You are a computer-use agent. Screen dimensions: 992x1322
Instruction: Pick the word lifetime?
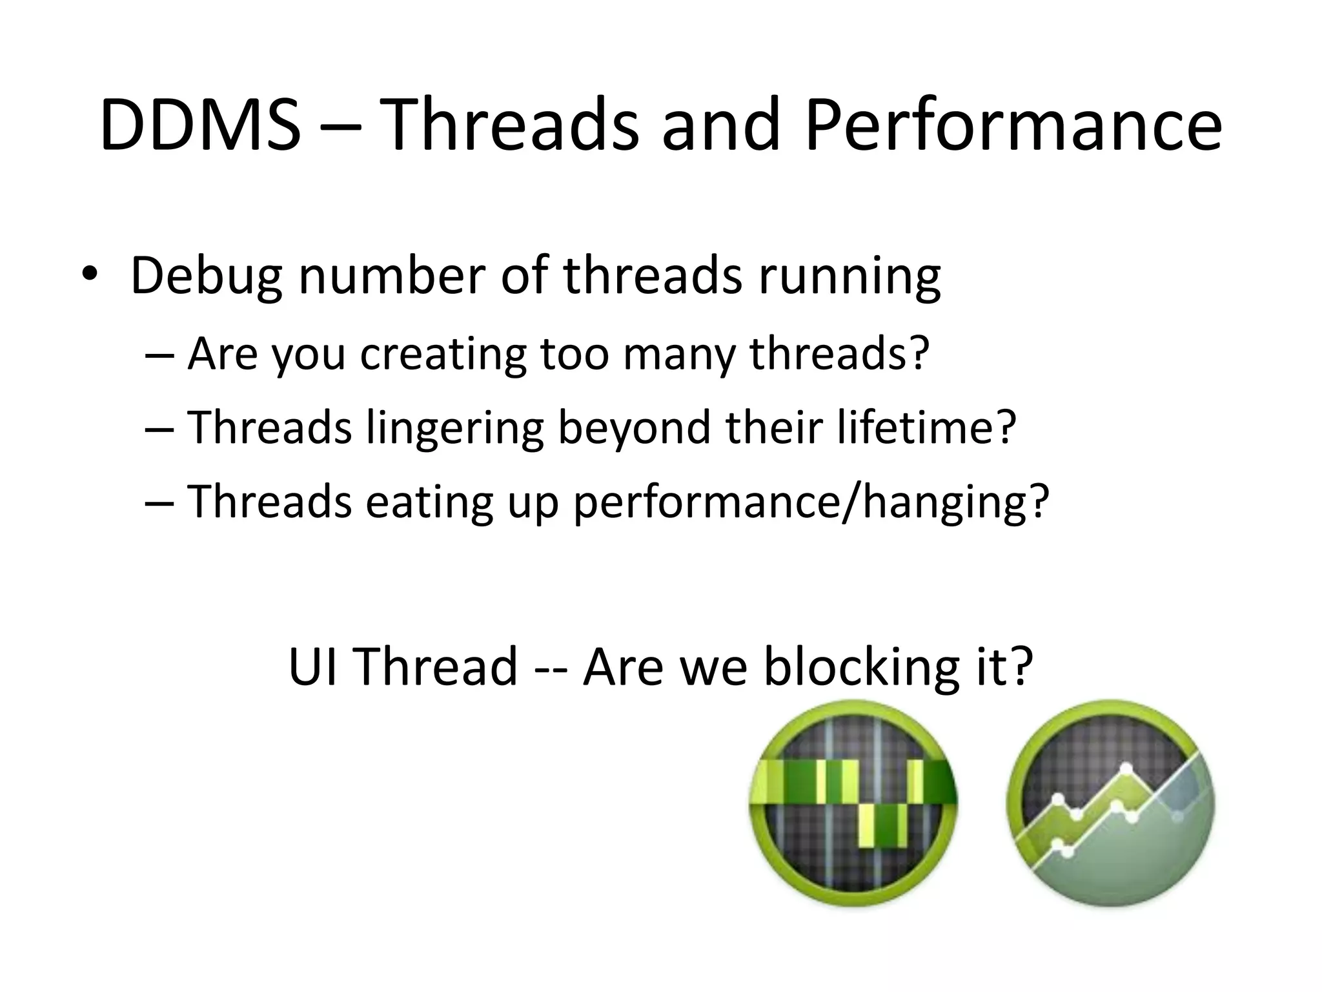pos(926,428)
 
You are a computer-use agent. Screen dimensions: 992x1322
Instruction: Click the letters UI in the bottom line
pos(312,665)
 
